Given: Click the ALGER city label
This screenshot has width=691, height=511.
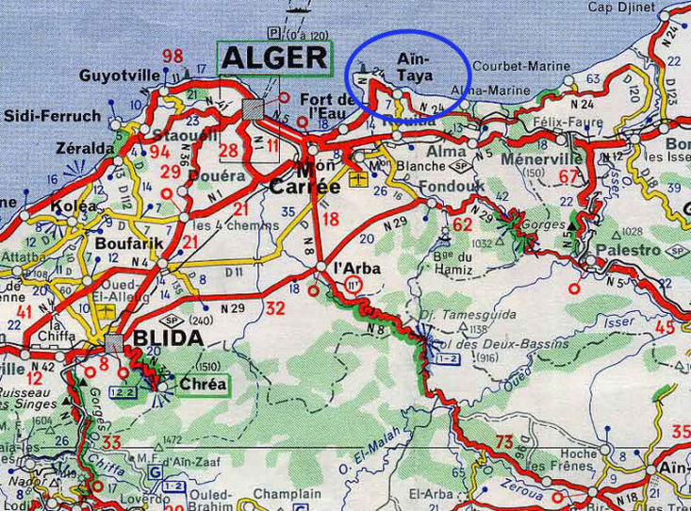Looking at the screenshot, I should click(x=275, y=58).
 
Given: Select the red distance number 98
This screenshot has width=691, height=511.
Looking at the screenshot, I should click(x=172, y=55).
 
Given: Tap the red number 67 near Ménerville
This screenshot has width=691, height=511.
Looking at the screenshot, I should click(x=568, y=176).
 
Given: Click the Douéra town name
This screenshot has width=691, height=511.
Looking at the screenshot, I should click(x=210, y=175).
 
